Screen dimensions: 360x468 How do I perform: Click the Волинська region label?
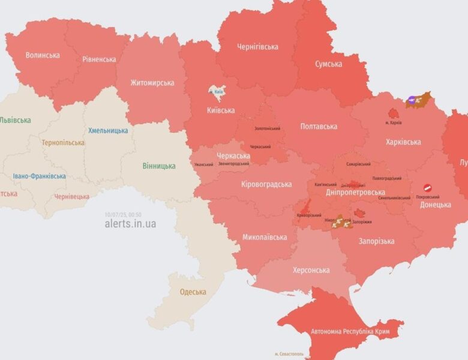[43, 55]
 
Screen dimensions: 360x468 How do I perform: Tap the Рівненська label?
[99, 59]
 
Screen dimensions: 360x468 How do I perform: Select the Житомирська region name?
[152, 83]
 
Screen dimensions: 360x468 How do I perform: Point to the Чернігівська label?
[257, 46]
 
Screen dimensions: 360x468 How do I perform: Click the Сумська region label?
[329, 64]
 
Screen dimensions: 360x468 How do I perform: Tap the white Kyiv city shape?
[217, 91]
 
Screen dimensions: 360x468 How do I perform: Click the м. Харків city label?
[393, 123]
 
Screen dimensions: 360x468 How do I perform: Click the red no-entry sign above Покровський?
[428, 188]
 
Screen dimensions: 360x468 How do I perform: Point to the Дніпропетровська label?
[355, 193]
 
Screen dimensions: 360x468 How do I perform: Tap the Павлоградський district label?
[387, 178]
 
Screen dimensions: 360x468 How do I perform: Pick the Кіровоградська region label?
[266, 184]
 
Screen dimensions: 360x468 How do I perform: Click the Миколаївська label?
[265, 237]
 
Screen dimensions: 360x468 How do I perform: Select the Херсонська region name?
[311, 270]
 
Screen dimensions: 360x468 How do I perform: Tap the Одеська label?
[193, 292]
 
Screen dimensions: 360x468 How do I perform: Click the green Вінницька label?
[159, 166]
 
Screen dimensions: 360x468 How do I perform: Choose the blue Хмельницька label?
[108, 130]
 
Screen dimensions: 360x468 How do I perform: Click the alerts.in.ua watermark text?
[130, 224]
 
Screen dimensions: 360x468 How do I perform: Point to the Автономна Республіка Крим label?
[350, 332]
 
